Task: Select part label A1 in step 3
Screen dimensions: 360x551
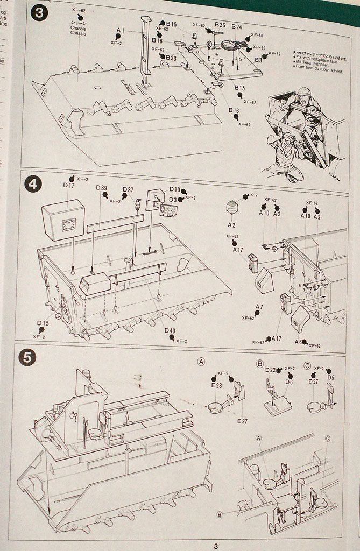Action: click(x=120, y=31)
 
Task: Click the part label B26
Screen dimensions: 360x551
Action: click(x=220, y=25)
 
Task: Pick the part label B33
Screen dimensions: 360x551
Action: click(x=171, y=58)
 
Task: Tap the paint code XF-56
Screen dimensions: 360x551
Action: click(x=257, y=34)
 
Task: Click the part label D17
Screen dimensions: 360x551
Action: click(x=68, y=186)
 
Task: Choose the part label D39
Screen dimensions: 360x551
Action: click(x=102, y=188)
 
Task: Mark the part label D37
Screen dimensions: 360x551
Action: click(x=128, y=190)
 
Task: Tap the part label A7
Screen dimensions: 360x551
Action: click(x=259, y=307)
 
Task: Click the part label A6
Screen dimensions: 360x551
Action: click(x=298, y=342)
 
